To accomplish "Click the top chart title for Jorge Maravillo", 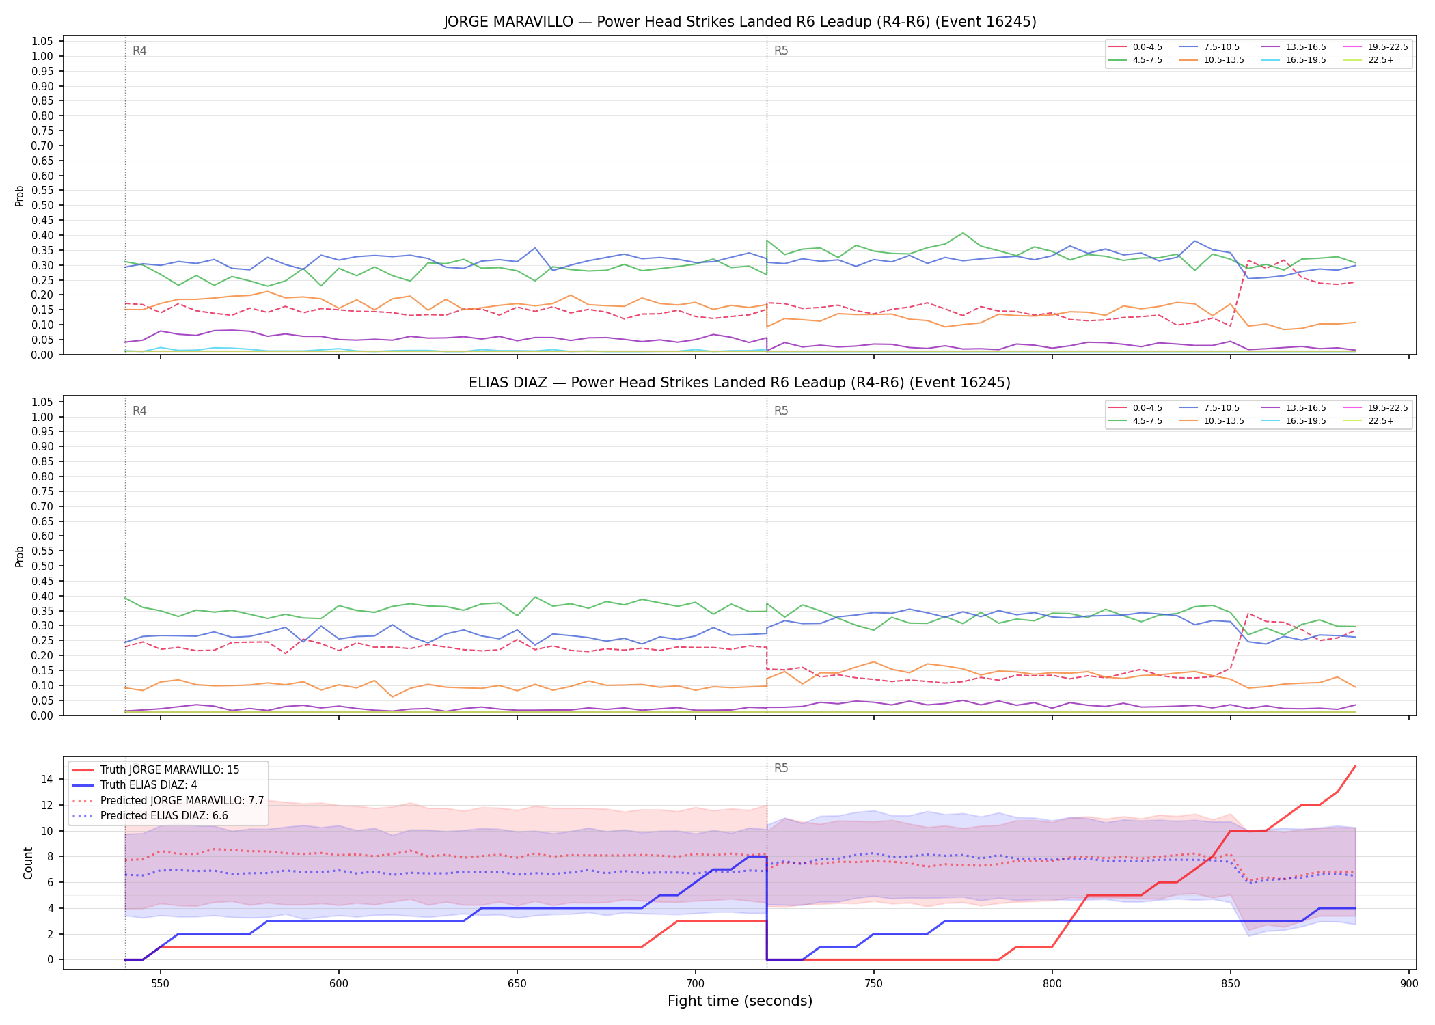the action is tap(740, 22).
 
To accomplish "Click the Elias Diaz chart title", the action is tap(740, 383).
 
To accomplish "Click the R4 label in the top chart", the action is tap(139, 51).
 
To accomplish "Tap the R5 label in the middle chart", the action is tap(781, 411).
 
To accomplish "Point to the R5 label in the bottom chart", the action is tap(781, 768).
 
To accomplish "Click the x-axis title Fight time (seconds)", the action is tap(740, 1002).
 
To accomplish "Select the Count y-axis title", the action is tap(28, 863).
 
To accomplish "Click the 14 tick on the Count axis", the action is tap(48, 779).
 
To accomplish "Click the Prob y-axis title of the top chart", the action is tap(20, 195).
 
